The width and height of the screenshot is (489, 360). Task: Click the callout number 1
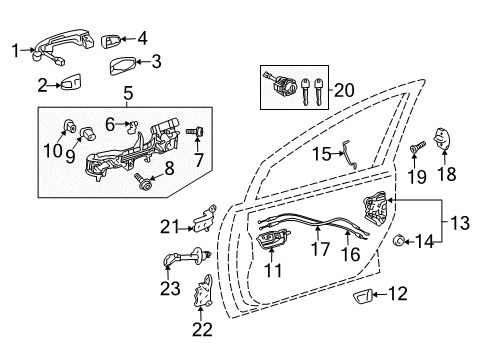click(15, 47)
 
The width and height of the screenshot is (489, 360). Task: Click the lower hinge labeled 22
click(203, 292)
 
